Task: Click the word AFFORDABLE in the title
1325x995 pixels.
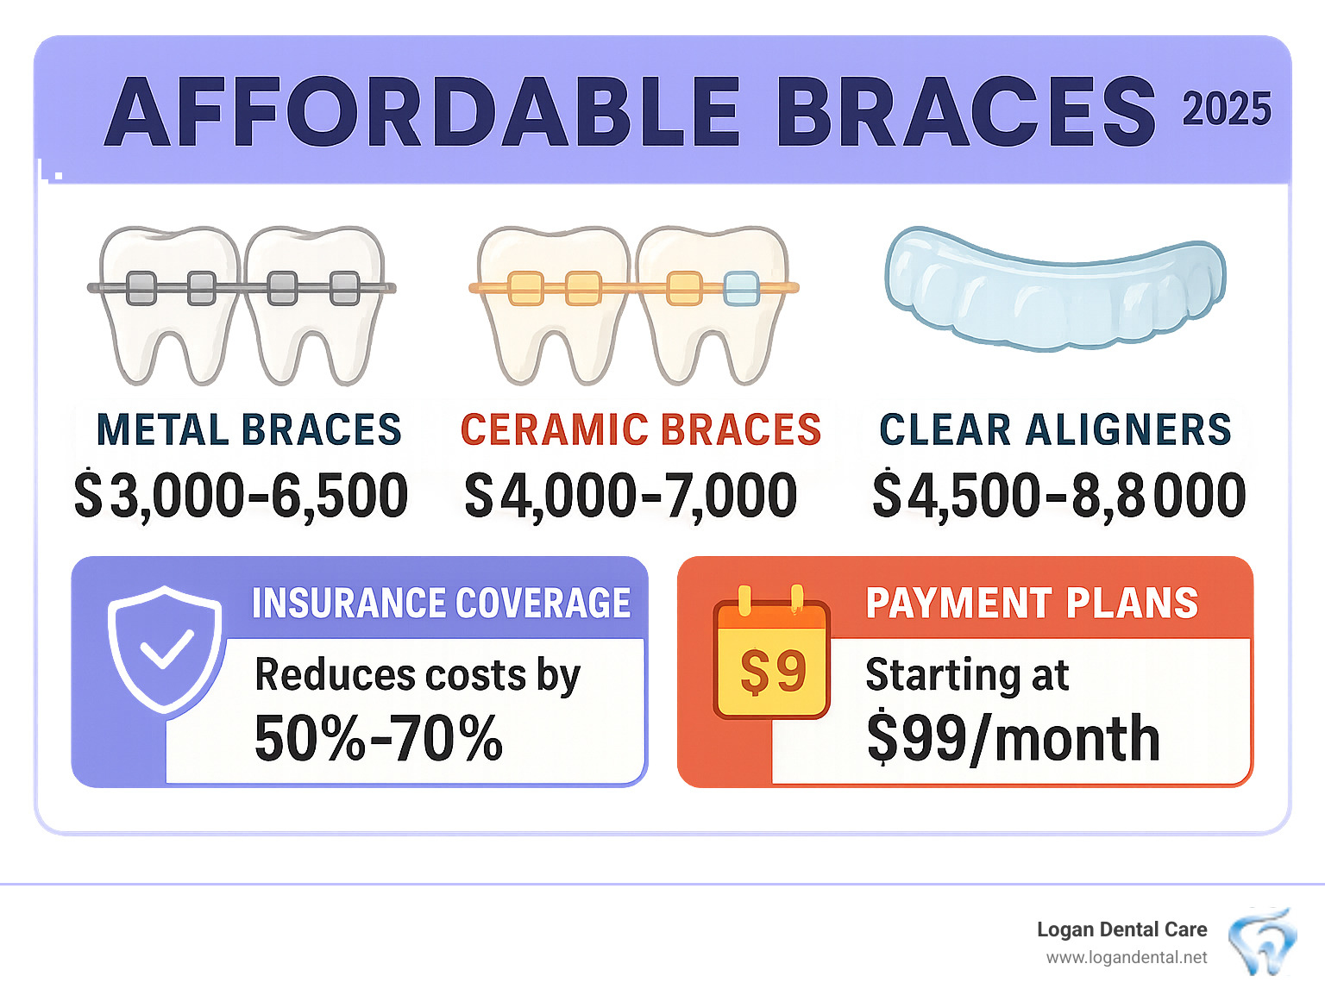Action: [x=422, y=112]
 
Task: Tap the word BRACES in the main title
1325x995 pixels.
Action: [x=965, y=112]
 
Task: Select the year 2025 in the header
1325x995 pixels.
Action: [x=1226, y=110]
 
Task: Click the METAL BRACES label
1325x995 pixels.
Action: [x=248, y=429]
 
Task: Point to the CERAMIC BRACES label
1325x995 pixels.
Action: [x=640, y=429]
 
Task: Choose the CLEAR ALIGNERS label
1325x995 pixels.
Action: [x=1054, y=429]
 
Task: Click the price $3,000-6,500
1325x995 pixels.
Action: [x=241, y=496]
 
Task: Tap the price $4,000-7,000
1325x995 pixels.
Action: [x=631, y=496]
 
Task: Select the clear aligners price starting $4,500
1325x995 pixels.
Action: [x=1058, y=496]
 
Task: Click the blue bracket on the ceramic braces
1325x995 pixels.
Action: [x=741, y=288]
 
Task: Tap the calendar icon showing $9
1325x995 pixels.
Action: [x=772, y=660]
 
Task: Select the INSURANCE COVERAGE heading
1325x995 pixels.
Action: [x=441, y=603]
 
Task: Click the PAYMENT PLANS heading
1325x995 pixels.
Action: [x=1032, y=603]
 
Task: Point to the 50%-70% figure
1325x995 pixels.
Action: [x=378, y=739]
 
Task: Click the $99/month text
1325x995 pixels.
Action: [x=1013, y=739]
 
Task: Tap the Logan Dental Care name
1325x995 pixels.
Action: [x=1121, y=929]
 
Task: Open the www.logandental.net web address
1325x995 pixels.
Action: [x=1126, y=958]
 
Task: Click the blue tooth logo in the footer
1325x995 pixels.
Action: [x=1261, y=942]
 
